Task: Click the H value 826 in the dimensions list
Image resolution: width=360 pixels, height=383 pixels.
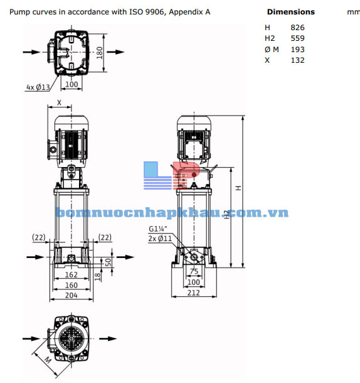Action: click(x=298, y=27)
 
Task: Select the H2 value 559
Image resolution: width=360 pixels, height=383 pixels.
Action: click(x=298, y=38)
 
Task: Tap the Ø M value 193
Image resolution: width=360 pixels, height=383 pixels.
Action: click(x=298, y=50)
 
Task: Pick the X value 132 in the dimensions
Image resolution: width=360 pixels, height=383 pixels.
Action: click(x=298, y=60)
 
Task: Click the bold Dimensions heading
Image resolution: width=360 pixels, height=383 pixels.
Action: click(x=290, y=12)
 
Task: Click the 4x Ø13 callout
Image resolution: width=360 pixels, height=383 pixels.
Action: click(x=38, y=87)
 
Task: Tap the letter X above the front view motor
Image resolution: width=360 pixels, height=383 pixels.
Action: click(x=60, y=102)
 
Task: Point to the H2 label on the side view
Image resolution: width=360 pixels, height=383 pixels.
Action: click(x=226, y=215)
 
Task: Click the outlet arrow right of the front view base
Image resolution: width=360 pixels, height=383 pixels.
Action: click(x=124, y=257)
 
